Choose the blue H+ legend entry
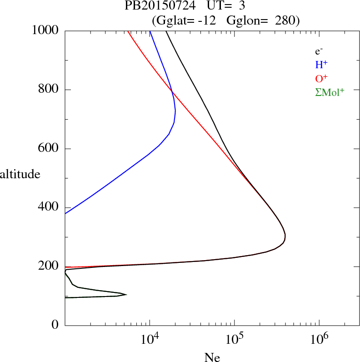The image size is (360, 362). coord(321,65)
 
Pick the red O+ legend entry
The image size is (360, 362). coord(321,78)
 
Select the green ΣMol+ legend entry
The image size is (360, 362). coord(330,92)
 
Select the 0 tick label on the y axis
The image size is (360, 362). coord(55,325)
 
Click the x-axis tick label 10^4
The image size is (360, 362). coord(150,339)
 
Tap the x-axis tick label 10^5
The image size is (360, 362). coord(234,339)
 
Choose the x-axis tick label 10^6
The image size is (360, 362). coord(318,339)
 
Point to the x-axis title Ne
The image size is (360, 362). coord(212,357)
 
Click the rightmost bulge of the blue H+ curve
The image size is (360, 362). coord(175,111)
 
